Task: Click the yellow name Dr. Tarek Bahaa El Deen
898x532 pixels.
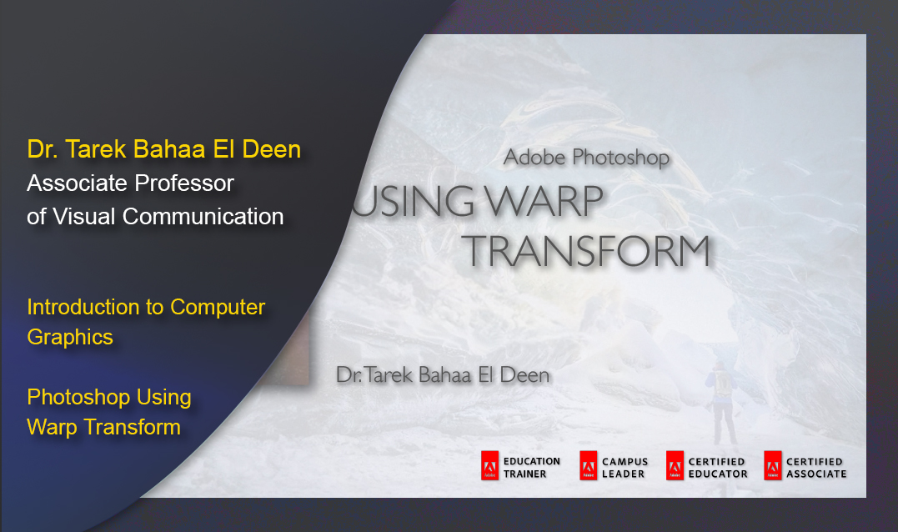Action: [163, 150]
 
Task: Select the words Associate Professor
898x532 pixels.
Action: [130, 183]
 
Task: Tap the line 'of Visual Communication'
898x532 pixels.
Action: [155, 216]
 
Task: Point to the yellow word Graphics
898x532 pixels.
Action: [70, 337]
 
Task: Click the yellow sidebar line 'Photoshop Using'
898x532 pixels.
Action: [109, 397]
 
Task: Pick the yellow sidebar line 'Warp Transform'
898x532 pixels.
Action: [103, 427]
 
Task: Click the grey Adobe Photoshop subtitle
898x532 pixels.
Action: [586, 157]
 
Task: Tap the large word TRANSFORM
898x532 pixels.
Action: [586, 250]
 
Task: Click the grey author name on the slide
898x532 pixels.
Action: [443, 374]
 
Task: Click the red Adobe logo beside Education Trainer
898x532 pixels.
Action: [489, 466]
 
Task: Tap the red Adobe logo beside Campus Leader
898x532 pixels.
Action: [589, 466]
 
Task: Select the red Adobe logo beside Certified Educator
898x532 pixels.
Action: [675, 466]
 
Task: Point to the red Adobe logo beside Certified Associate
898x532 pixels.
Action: [772, 466]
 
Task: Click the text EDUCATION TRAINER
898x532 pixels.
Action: [531, 467]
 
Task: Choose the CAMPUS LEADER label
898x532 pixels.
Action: [625, 467]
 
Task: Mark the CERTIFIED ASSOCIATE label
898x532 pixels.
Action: [815, 467]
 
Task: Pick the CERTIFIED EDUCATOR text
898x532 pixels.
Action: [718, 467]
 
